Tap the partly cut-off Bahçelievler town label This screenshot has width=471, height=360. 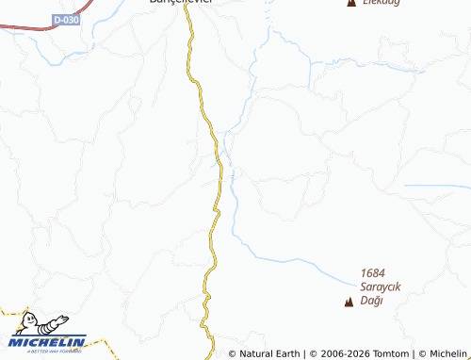[x=182, y=3]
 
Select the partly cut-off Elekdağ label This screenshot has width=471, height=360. [x=383, y=3]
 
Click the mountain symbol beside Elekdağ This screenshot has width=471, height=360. [x=351, y=4]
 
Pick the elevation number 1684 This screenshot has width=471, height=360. [x=373, y=272]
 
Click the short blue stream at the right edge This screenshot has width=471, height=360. [x=436, y=186]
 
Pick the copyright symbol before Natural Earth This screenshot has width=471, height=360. [x=232, y=353]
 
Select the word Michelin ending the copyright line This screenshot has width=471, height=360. [x=449, y=353]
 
